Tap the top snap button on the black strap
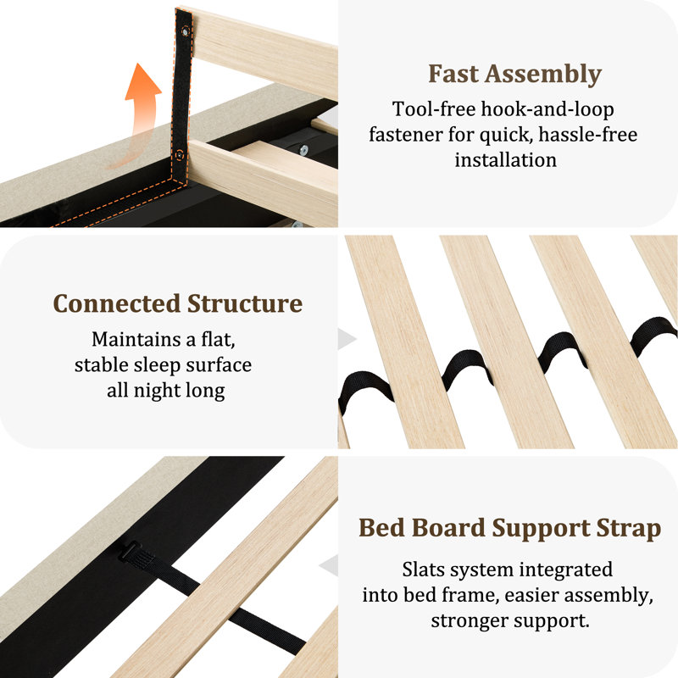[x=186, y=31]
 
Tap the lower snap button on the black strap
[x=179, y=155]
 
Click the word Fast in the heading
[x=453, y=74]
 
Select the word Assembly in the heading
[x=543, y=75]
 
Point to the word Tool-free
[x=434, y=109]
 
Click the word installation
[x=505, y=160]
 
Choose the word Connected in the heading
[x=117, y=303]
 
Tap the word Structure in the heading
[x=245, y=303]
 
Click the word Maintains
[x=136, y=340]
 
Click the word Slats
[x=424, y=570]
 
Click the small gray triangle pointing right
[x=347, y=338]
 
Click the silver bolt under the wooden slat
[x=304, y=150]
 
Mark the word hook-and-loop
[x=547, y=110]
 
